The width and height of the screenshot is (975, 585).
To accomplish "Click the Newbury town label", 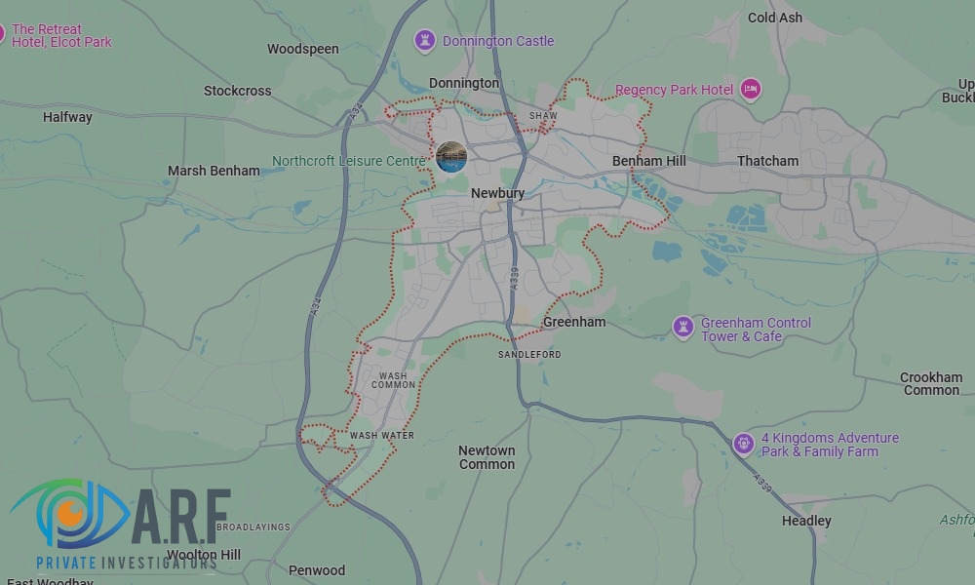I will [x=497, y=193].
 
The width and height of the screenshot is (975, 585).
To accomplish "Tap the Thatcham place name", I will [x=767, y=161].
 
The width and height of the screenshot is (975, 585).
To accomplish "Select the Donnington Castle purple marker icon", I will [x=424, y=41].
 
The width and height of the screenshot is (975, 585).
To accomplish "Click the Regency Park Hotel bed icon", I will [x=750, y=90].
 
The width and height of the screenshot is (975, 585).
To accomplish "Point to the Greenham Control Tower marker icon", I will [x=683, y=328].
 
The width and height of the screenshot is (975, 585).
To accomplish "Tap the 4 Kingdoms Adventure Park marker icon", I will [x=744, y=445].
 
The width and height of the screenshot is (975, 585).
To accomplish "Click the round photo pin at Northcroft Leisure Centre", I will [x=450, y=156].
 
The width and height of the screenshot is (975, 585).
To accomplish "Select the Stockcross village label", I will [x=237, y=91].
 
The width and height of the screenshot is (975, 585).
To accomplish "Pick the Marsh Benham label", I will [x=214, y=171].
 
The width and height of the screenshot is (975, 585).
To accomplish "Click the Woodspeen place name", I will [x=302, y=49].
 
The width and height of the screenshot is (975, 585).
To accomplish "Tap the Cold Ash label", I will [x=775, y=18].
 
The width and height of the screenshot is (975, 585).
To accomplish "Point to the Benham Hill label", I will [x=649, y=161].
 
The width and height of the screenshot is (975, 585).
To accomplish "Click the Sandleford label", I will [x=529, y=354].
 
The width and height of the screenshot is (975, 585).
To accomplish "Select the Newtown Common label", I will [x=487, y=457].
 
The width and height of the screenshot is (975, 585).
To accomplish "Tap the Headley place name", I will [x=806, y=521].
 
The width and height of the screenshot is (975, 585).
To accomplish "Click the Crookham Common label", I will [x=931, y=383].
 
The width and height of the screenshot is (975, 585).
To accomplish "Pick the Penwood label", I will [x=317, y=570].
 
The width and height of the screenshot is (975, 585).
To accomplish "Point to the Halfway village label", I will [x=67, y=117].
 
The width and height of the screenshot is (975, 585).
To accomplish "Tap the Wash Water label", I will [x=382, y=435].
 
